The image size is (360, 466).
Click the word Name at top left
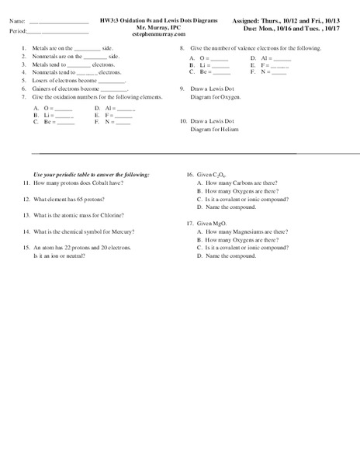[x=17, y=20]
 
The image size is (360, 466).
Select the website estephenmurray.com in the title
[x=159, y=35]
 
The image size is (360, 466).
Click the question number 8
[x=181, y=48]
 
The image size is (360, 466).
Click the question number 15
[x=26, y=247]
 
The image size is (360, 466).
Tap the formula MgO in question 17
[x=220, y=223]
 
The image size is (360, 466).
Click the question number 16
[x=189, y=175]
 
